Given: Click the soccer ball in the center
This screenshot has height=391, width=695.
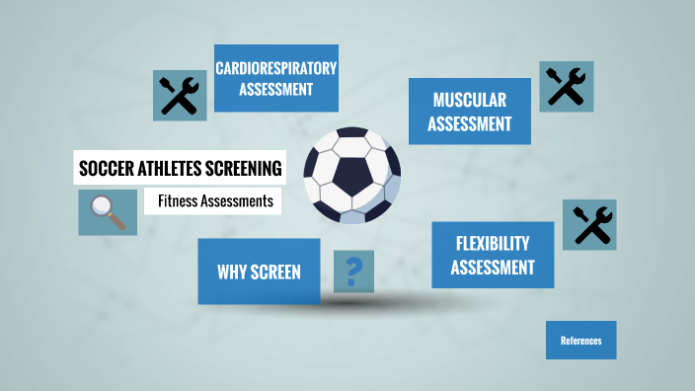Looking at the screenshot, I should pos(351,175).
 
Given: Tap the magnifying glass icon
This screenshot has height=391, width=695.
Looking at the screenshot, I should pos(108,211).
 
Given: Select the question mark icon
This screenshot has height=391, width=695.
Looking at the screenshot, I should pos(354,270).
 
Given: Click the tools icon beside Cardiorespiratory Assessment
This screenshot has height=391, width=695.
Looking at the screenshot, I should pos(180,96).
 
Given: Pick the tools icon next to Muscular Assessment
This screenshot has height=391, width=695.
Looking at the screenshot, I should pos(566,86).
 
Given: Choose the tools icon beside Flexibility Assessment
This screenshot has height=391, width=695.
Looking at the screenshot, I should pos(589,224).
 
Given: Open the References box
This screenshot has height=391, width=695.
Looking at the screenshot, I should pos(580,341).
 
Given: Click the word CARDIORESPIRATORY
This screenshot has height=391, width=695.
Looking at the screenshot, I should pos(276,68).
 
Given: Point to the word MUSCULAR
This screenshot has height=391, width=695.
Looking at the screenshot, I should pos(470,100).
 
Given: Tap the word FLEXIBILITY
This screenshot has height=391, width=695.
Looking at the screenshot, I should pos(493,243).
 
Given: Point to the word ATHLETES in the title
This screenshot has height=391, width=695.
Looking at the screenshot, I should pos(172,169).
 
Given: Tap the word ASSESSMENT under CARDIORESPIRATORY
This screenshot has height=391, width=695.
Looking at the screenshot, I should pos(276,89).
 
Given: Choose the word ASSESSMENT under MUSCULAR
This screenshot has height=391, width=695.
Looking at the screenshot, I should pos(470,123).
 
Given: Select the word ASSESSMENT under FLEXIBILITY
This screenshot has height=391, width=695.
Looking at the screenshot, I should pos(493,267).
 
